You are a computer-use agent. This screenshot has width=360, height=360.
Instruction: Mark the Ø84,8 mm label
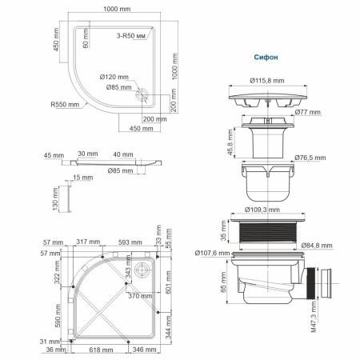pyautogui.click(x=319, y=246)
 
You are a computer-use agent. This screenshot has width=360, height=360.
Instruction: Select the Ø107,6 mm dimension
pyautogui.click(x=210, y=254)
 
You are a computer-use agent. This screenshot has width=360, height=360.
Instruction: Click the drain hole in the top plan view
pyautogui.click(x=143, y=94)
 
